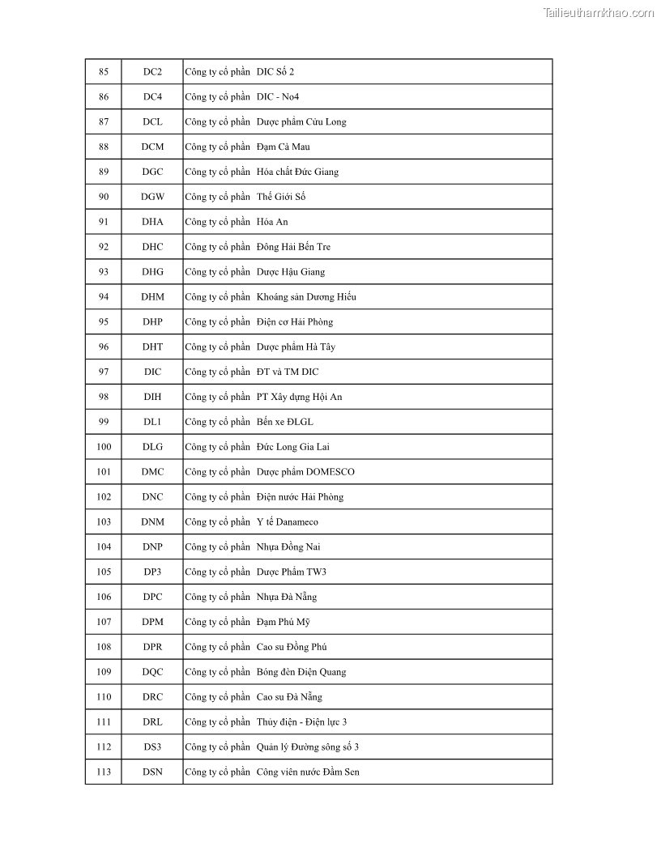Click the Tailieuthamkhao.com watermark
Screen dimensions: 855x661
point(598,13)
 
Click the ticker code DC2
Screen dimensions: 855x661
point(152,72)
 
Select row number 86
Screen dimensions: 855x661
point(104,97)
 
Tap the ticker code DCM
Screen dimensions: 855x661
point(152,147)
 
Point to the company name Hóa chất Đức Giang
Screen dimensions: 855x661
point(297,172)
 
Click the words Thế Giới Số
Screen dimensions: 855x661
point(281,197)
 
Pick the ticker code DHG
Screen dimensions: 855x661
point(152,272)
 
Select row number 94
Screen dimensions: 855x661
point(104,297)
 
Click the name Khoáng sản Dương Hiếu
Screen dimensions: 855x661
point(306,297)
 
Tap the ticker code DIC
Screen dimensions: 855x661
point(152,372)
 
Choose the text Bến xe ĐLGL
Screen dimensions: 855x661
point(284,422)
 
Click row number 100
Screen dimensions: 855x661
point(104,447)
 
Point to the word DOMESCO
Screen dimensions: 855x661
point(330,472)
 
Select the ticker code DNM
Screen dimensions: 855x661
point(152,522)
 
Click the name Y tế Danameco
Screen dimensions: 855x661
point(288,522)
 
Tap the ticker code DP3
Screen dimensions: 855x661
point(152,572)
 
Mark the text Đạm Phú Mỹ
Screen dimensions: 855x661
point(284,622)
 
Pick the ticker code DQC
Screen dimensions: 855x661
point(152,672)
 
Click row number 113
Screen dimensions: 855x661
point(104,772)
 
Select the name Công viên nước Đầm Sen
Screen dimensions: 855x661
point(308,772)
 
